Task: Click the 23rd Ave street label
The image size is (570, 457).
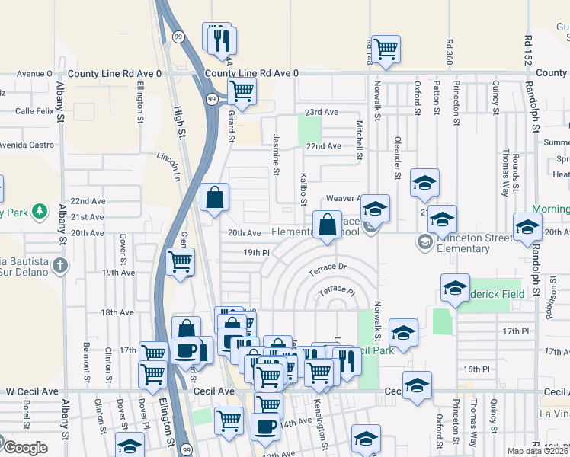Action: tap(322, 112)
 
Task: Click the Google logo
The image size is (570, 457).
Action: tap(26, 448)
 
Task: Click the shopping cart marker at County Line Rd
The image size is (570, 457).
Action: tap(242, 91)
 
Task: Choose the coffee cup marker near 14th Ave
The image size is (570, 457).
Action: tap(266, 426)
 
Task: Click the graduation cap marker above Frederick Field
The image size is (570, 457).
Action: tap(455, 289)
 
